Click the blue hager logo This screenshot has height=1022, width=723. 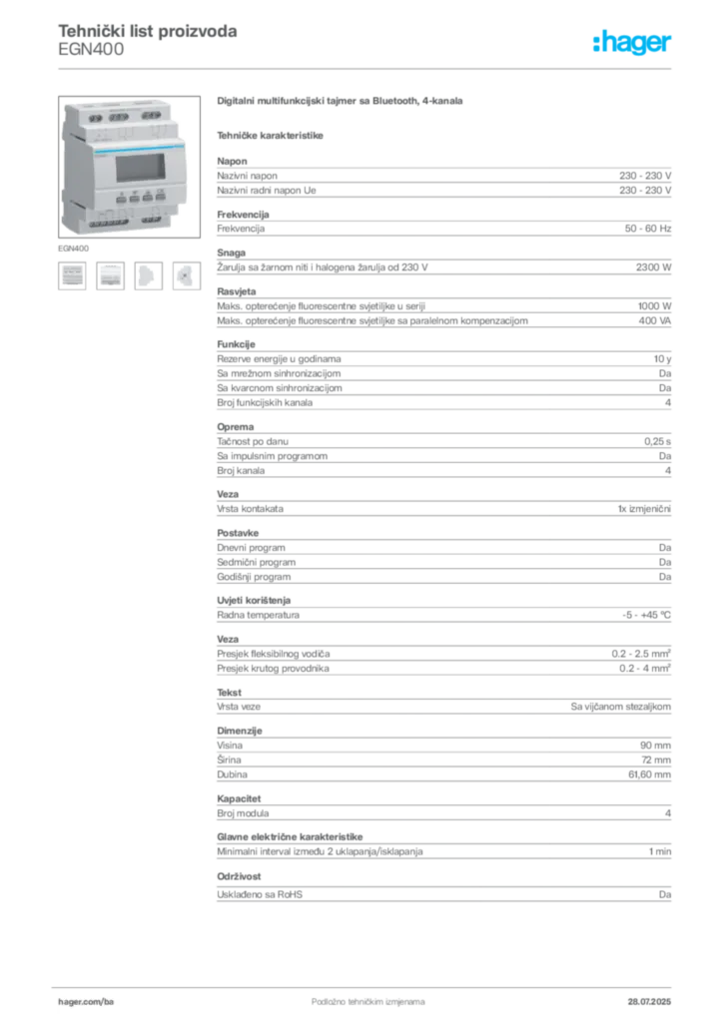coord(633,43)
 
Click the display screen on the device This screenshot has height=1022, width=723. coord(136,166)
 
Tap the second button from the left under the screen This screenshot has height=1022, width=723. coord(133,198)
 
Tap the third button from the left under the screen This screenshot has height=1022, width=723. coord(147,198)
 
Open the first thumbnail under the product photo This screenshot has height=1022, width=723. coord(72,275)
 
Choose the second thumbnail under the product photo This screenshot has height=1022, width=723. coord(110,275)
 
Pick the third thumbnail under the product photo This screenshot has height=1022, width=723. coord(148,275)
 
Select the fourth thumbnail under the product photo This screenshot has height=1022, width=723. coord(186,275)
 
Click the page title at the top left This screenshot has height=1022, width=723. coord(148,33)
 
